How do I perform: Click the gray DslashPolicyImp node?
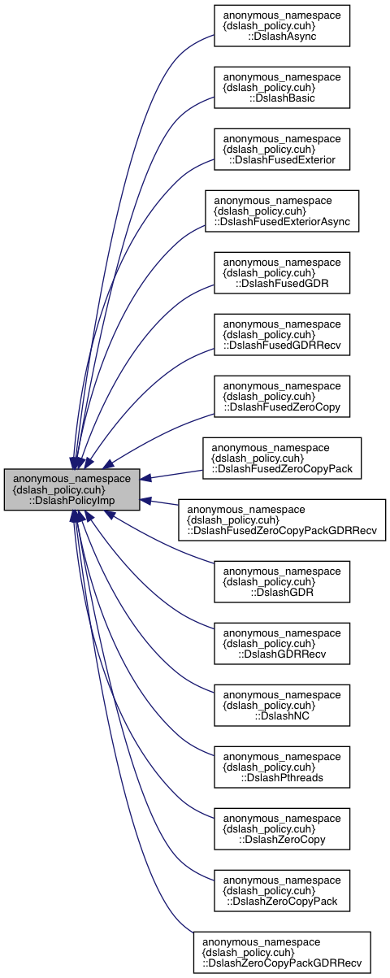click(x=71, y=489)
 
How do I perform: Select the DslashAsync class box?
click(x=281, y=25)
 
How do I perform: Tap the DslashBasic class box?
click(x=281, y=87)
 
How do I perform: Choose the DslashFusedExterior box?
click(x=281, y=149)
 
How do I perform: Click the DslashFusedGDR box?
click(x=281, y=272)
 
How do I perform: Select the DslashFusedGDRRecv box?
click(x=281, y=334)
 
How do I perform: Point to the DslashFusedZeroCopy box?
click(x=281, y=396)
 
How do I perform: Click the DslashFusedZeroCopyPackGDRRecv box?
click(x=281, y=520)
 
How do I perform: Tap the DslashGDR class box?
click(x=281, y=581)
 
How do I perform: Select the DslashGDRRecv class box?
click(x=281, y=643)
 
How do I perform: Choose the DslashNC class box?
click(x=281, y=705)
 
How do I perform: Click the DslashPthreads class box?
click(x=281, y=767)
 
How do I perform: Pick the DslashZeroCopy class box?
click(x=281, y=828)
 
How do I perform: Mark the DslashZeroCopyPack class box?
click(x=281, y=890)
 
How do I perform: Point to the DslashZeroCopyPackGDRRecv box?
click(x=281, y=952)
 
